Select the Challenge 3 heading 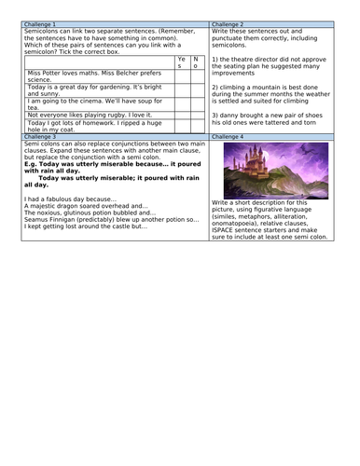pos(39,136)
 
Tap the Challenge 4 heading pos(228,136)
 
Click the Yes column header pos(181,62)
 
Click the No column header pos(195,62)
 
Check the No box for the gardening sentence pos(195,90)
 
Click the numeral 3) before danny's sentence pos(215,114)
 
